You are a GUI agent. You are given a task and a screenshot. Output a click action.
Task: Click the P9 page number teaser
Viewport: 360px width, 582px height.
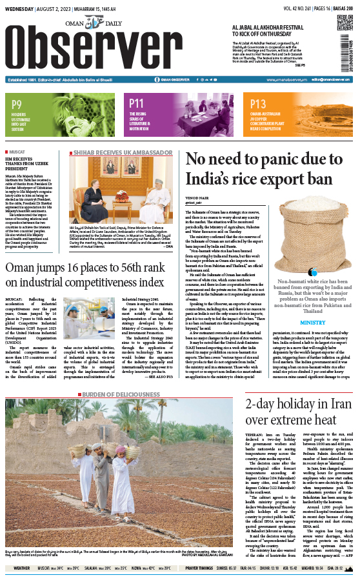(17, 103)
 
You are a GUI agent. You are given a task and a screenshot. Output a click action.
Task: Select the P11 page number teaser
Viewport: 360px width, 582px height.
(136, 103)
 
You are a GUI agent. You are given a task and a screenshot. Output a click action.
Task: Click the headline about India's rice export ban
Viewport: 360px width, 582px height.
(267, 170)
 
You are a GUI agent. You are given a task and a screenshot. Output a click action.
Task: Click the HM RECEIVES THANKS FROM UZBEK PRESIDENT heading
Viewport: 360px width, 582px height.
(29, 164)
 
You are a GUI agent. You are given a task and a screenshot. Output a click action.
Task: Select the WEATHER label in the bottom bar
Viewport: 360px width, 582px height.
(21, 568)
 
